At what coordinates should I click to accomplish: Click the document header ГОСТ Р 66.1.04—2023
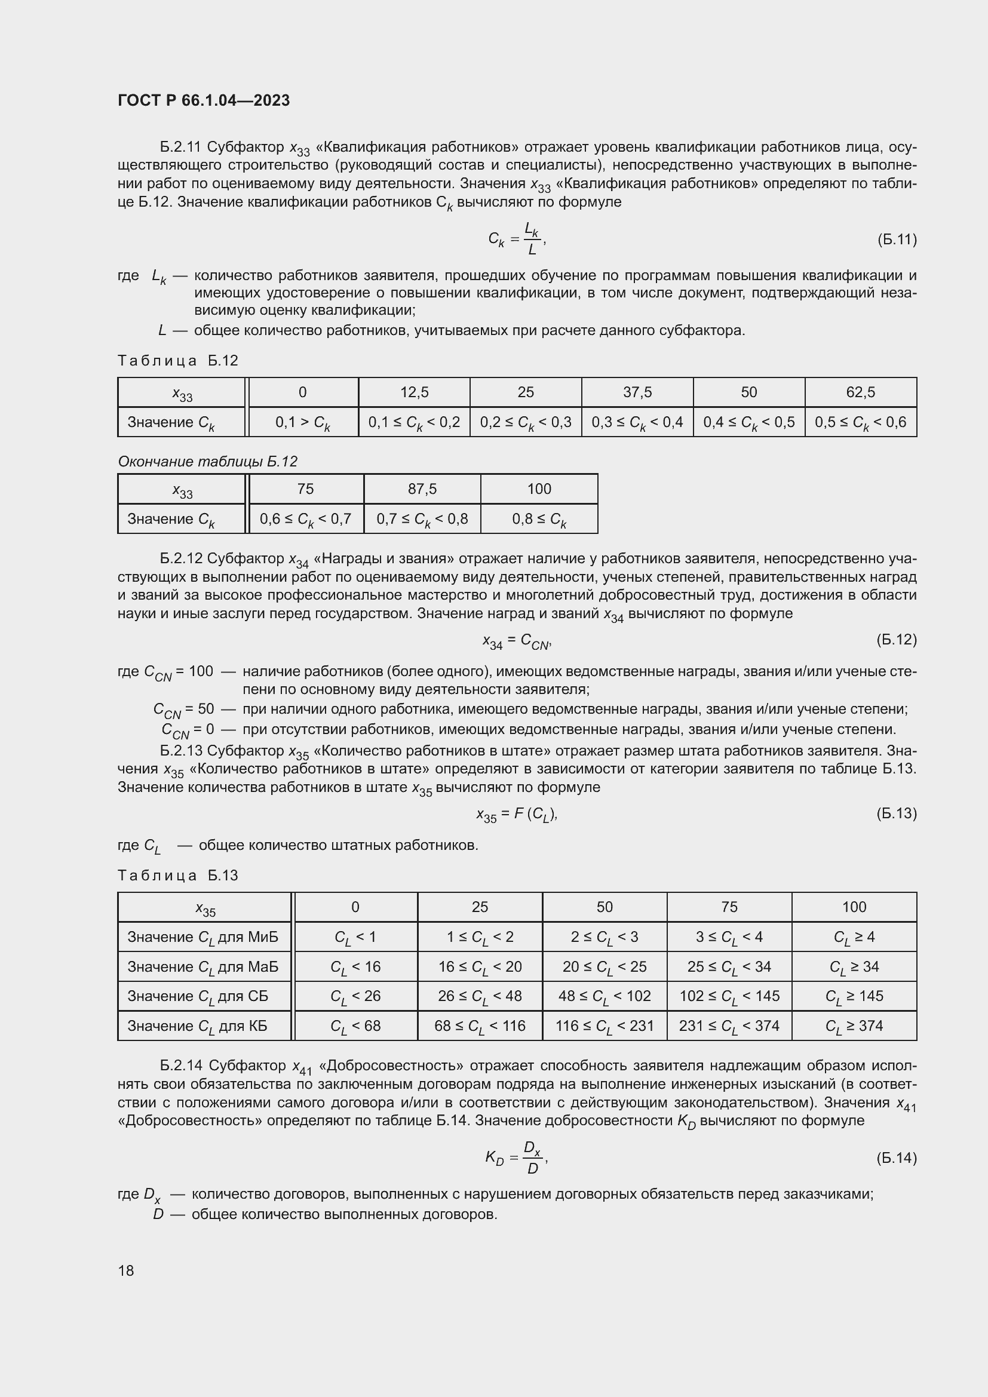point(204,100)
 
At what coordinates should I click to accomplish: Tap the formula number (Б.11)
point(896,239)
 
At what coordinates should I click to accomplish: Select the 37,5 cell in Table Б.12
point(637,392)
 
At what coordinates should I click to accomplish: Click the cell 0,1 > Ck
point(302,422)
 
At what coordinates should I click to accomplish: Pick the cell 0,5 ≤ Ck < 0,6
point(860,422)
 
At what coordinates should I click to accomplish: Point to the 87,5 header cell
point(422,489)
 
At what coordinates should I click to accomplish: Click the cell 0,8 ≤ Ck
point(539,519)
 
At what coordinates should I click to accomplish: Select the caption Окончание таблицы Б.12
point(207,461)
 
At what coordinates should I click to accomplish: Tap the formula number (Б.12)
point(896,640)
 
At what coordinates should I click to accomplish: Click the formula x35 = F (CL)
point(517,813)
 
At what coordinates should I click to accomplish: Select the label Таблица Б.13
point(177,875)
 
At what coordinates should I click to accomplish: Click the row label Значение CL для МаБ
point(202,967)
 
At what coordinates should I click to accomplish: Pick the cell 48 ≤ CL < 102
point(604,996)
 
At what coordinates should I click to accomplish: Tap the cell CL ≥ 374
point(854,1026)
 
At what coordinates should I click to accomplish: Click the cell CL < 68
point(355,1026)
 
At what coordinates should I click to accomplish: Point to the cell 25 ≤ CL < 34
point(729,967)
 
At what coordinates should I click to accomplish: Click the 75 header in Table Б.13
point(729,907)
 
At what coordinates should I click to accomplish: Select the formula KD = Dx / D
point(517,1157)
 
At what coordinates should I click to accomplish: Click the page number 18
point(126,1270)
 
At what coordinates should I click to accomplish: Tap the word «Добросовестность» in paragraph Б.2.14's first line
point(391,1066)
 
